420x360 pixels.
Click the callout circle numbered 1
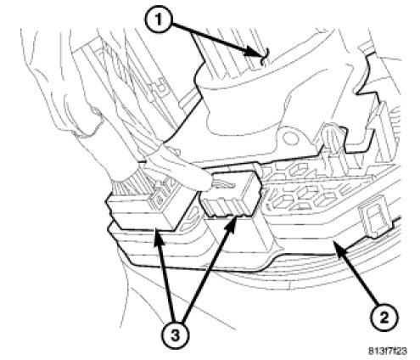(159, 20)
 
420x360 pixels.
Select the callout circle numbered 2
(384, 318)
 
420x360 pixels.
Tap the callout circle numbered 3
(175, 335)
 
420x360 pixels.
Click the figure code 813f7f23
(388, 352)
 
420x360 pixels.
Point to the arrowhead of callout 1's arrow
(253, 53)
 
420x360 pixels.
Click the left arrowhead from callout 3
(157, 237)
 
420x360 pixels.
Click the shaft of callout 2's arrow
(358, 275)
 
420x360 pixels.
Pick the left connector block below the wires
(144, 211)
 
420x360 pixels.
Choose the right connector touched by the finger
(231, 196)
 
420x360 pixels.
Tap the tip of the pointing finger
(210, 185)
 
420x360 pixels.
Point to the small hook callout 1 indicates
(264, 57)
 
